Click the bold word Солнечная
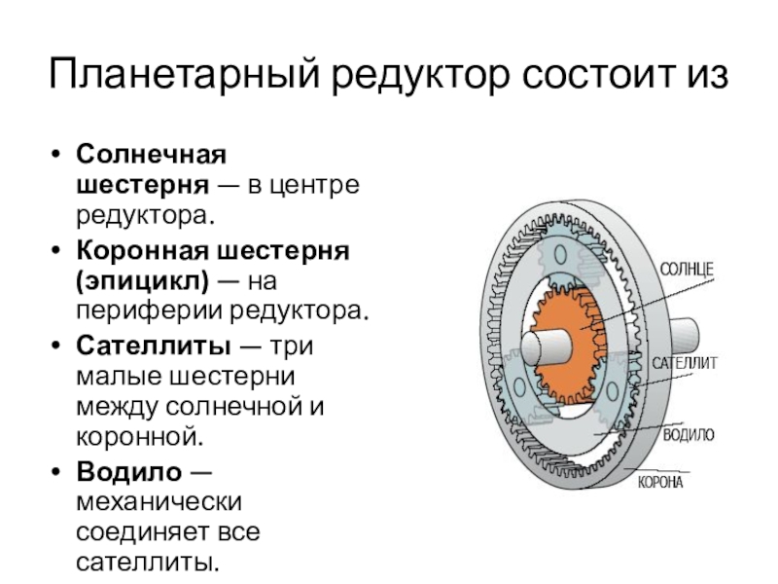click(151, 155)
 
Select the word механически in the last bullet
click(159, 502)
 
